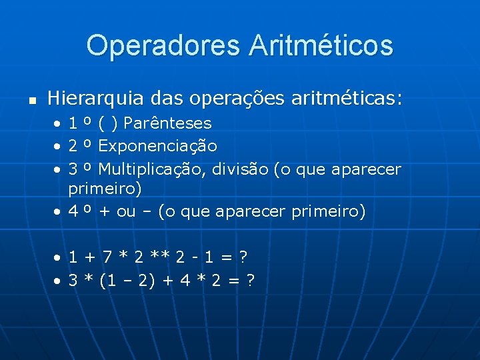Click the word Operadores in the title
pyautogui.click(x=162, y=46)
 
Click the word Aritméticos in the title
pyautogui.click(x=321, y=46)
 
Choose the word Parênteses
pyautogui.click(x=167, y=123)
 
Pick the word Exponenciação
pyautogui.click(x=157, y=146)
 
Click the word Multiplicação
pyautogui.click(x=153, y=169)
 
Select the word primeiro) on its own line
pyautogui.click(x=105, y=189)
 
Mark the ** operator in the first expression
pyautogui.click(x=160, y=257)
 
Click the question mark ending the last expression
pyautogui.click(x=249, y=281)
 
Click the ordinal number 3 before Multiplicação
pyautogui.click(x=73, y=169)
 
